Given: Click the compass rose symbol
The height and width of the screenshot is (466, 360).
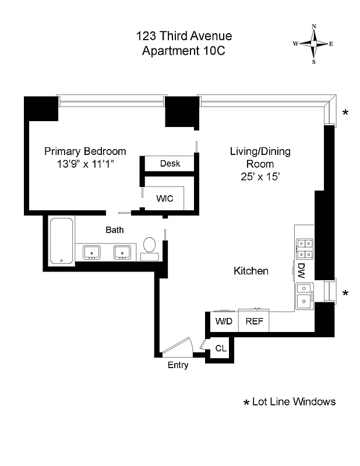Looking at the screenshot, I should (314, 44).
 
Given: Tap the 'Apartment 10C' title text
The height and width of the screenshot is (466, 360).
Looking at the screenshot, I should (183, 51).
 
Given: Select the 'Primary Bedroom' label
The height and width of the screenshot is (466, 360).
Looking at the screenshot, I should (85, 151).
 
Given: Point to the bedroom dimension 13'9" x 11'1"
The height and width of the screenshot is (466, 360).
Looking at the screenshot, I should (85, 164).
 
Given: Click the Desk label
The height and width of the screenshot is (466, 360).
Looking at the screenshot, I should (170, 164).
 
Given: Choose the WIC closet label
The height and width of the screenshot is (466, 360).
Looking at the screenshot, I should (164, 198).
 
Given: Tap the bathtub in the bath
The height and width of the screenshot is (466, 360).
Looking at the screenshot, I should (61, 241).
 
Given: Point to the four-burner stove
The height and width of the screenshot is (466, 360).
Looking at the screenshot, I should (305, 249).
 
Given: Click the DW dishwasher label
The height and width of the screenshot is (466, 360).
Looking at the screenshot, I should (301, 270).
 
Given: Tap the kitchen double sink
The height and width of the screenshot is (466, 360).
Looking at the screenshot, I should (305, 295).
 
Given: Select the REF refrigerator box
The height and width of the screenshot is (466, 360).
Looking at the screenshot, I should (253, 321).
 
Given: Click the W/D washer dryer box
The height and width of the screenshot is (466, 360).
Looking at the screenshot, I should (224, 321).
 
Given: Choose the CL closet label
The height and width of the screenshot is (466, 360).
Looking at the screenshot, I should (221, 348).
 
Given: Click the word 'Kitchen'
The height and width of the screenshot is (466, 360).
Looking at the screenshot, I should (251, 271).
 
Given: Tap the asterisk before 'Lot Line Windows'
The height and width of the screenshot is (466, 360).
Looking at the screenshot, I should (246, 403).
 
